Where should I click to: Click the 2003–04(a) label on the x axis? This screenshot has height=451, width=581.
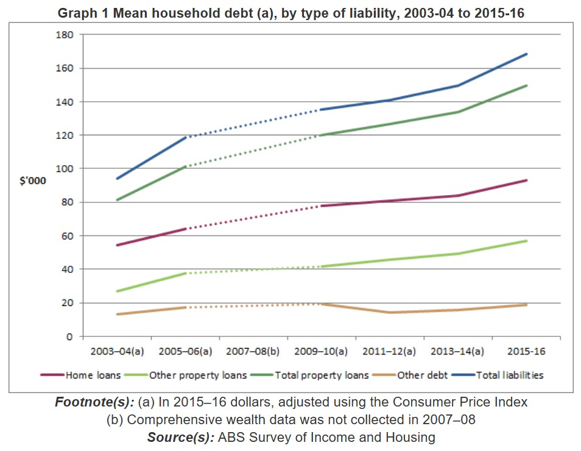point(116,352)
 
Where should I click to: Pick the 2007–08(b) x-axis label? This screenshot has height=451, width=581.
point(253,352)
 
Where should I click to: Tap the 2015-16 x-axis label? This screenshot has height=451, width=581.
point(526,352)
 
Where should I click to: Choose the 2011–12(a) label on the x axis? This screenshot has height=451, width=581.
point(389,352)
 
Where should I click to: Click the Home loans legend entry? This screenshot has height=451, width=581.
point(93,375)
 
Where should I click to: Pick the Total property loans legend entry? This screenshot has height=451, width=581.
point(322,375)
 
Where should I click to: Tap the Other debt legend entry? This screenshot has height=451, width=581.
point(422,375)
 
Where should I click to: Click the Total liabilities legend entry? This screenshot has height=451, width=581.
point(509,375)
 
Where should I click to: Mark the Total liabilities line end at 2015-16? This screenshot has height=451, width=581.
point(526,54)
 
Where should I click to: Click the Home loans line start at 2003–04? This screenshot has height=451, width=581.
point(117,245)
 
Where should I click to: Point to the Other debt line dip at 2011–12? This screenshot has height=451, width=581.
point(390,313)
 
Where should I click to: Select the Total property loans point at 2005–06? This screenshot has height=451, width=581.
point(185,166)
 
